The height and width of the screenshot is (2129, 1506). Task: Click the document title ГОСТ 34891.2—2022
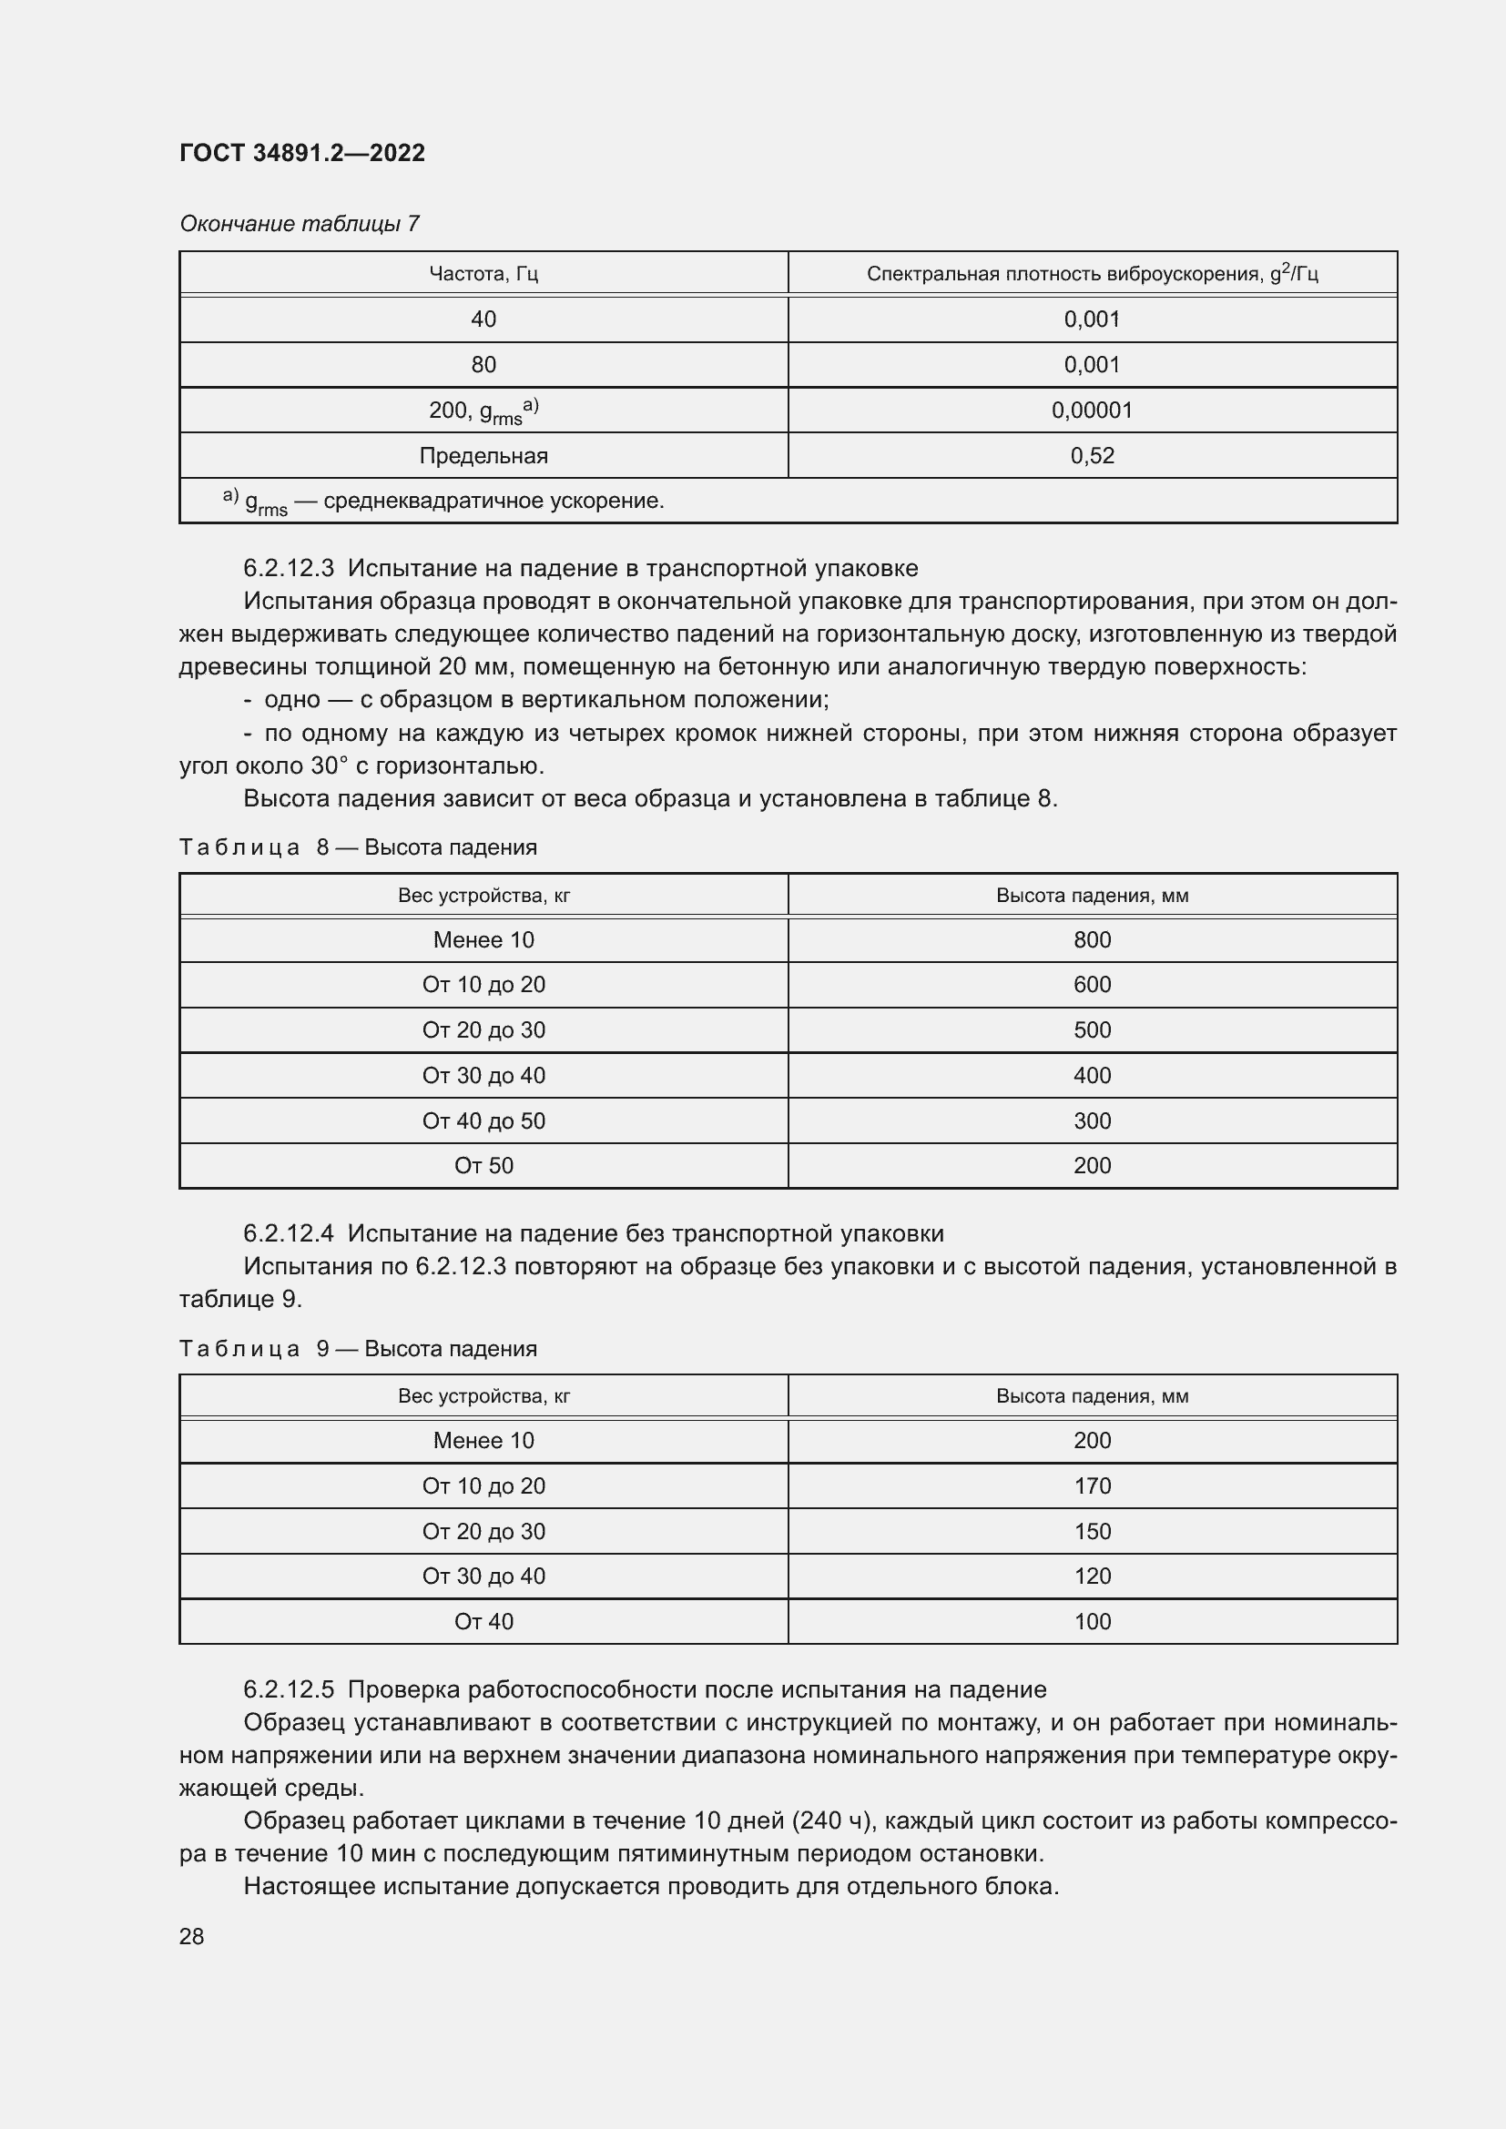(301, 153)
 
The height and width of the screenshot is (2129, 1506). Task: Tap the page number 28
(191, 1936)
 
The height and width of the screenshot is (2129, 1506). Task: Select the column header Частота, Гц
(483, 274)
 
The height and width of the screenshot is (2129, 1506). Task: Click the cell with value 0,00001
(1092, 410)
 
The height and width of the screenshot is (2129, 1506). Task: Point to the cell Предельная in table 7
(483, 455)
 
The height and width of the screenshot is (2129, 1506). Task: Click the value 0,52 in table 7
(1092, 455)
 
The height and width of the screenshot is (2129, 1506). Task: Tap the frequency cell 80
(483, 364)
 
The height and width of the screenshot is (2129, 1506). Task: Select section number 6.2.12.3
(290, 568)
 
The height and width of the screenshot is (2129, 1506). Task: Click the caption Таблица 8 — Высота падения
(358, 847)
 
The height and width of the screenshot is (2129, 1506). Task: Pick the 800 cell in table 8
(1092, 940)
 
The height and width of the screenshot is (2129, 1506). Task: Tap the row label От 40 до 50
(483, 1121)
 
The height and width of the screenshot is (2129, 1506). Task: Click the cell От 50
(483, 1166)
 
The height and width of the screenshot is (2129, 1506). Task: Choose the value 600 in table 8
(1092, 985)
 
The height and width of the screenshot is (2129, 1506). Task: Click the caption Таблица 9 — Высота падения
(358, 1348)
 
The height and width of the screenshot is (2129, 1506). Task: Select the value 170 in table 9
(1092, 1486)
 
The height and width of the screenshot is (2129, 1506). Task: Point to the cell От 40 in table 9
(483, 1622)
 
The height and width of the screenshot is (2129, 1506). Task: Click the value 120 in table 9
(1092, 1576)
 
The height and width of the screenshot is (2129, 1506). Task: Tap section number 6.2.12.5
(290, 1690)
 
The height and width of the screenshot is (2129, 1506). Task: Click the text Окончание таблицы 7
(300, 224)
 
